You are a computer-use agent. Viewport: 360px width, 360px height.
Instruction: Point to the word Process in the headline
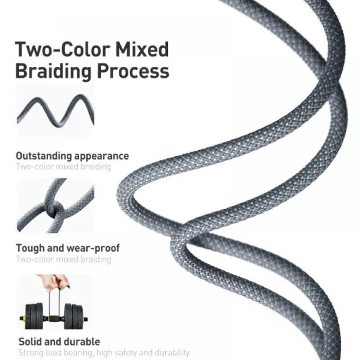(133, 71)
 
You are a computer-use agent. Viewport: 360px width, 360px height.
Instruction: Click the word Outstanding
(44, 156)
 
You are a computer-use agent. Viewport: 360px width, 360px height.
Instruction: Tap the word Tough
(30, 248)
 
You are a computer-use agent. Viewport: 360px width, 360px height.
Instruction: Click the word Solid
(30, 342)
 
